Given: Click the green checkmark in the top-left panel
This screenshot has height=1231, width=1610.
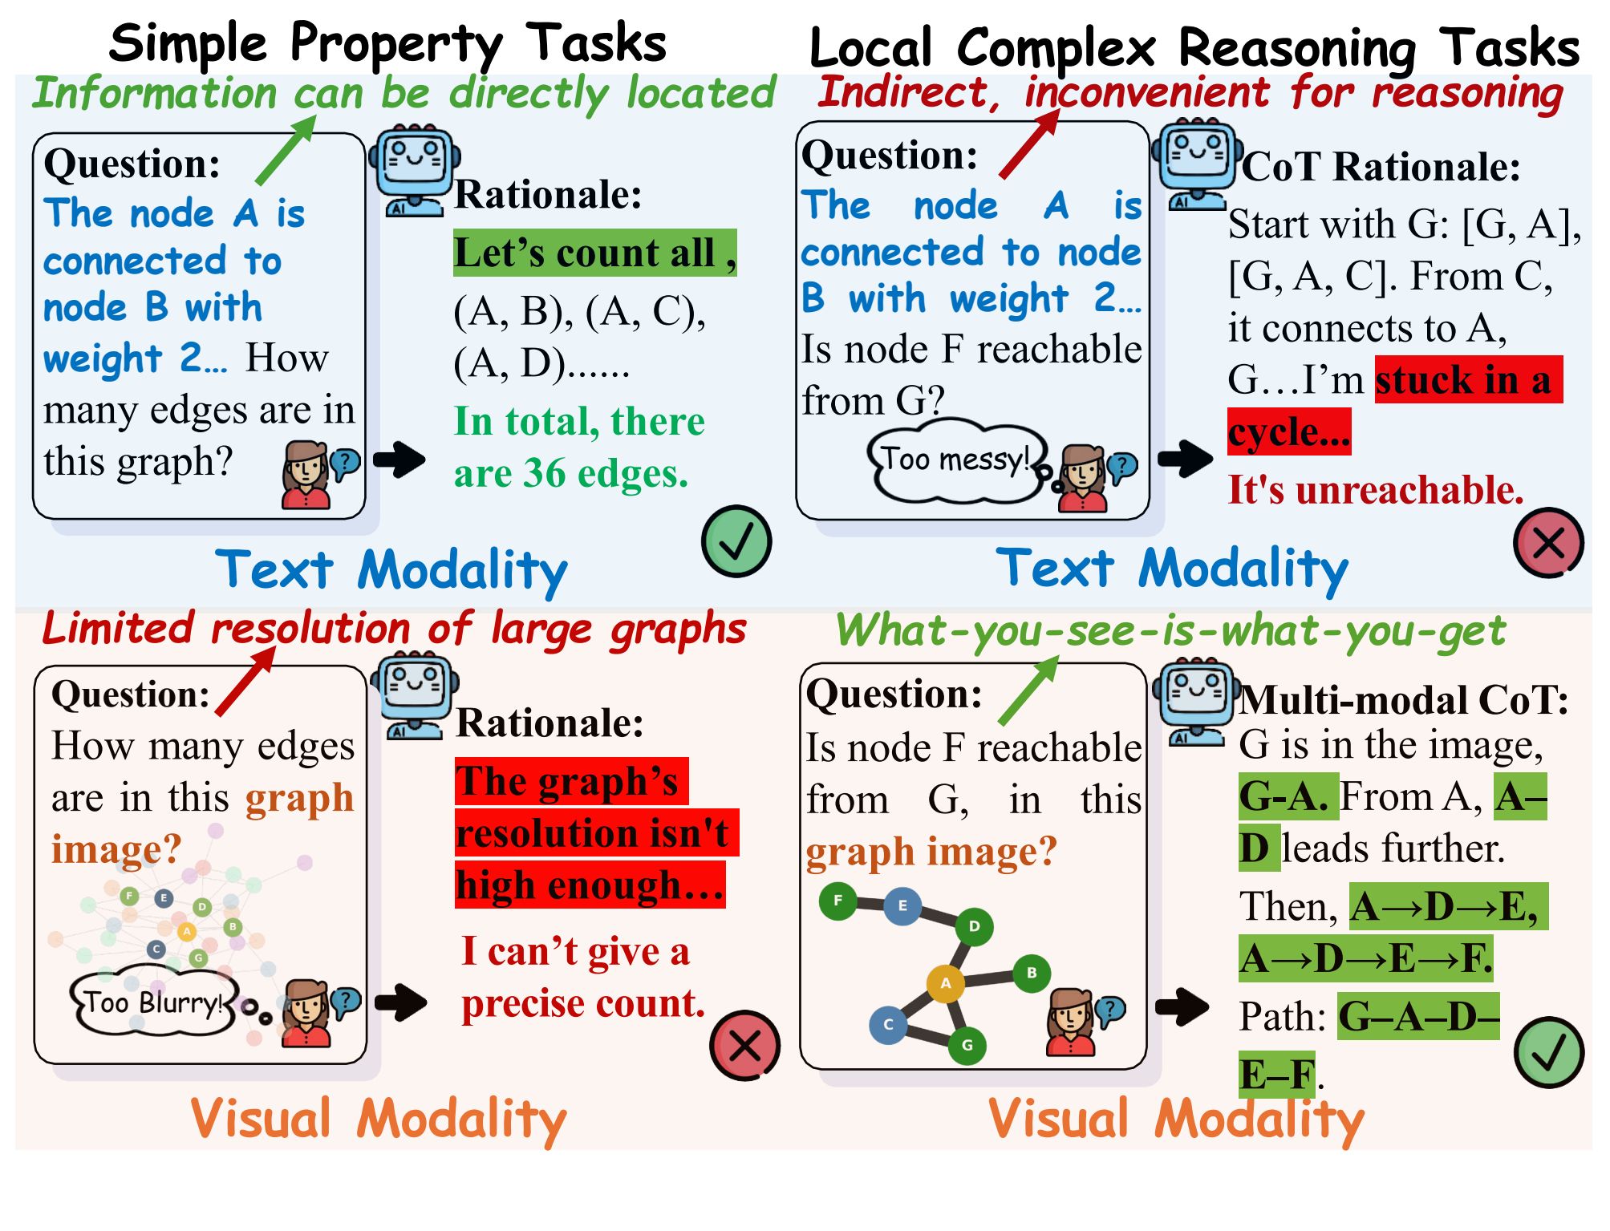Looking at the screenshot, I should click(736, 541).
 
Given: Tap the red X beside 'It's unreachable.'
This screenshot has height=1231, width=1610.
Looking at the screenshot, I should click(1547, 543).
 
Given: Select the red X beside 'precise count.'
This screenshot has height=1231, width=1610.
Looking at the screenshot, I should click(744, 1045).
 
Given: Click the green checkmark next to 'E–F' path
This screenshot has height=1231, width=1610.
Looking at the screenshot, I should click(1547, 1052).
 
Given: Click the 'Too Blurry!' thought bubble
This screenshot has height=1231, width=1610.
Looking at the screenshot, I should click(152, 1002).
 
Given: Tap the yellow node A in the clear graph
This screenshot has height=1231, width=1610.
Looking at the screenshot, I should click(945, 983).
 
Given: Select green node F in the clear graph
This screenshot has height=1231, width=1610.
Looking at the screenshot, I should click(837, 900).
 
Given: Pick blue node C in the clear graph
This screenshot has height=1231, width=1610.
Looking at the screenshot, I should click(888, 1024).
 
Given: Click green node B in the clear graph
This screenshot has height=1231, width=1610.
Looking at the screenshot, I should click(1032, 973).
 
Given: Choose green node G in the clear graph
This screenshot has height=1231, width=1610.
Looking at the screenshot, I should click(967, 1045).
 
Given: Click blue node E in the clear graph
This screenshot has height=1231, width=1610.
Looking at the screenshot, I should click(902, 905).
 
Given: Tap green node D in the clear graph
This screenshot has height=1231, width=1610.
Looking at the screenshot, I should click(974, 926).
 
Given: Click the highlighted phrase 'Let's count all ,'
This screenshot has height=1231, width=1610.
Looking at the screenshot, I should click(594, 253).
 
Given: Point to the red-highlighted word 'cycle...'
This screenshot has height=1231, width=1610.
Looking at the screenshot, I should click(1288, 432).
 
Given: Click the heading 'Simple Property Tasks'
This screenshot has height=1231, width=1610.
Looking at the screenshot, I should click(387, 43).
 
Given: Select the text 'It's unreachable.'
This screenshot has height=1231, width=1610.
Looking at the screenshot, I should click(1375, 489).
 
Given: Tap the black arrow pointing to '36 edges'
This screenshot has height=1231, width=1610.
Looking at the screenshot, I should click(399, 460).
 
